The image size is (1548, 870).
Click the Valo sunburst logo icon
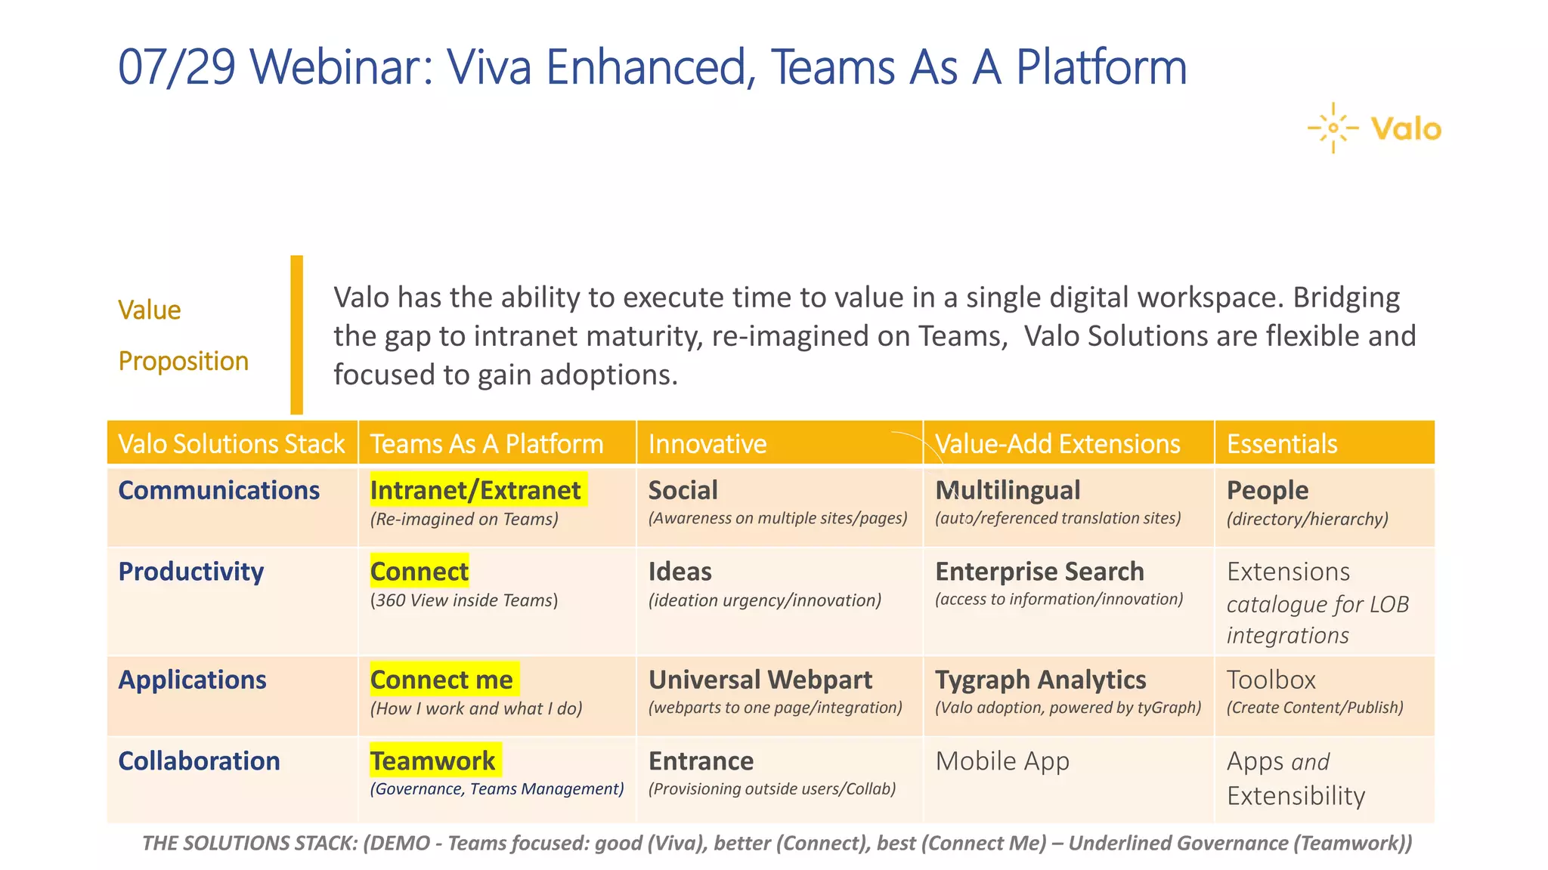pos(1333,128)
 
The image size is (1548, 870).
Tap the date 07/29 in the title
pos(177,68)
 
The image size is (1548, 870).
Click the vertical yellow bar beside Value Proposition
pos(296,335)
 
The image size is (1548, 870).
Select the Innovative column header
pos(707,443)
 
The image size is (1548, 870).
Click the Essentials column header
pos(1282,443)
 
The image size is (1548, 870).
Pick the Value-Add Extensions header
pos(1057,443)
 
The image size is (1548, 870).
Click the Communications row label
pos(218,490)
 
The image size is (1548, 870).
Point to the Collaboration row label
pos(199,760)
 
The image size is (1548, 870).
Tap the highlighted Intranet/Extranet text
pos(475,490)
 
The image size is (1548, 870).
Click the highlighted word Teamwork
pos(433,760)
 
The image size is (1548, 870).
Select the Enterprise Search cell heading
pos(1039,572)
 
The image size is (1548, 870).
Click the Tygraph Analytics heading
pos(1040,680)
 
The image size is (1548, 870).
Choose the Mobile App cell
pos(1002,760)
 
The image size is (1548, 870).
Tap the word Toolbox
pos(1271,680)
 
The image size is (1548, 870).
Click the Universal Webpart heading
pos(760,680)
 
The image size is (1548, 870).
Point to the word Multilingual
pos(1008,490)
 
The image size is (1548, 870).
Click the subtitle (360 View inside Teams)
pos(463,600)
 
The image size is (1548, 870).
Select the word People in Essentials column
pos(1267,490)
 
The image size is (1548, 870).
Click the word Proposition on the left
pos(183,361)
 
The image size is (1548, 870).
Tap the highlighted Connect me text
pos(441,680)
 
